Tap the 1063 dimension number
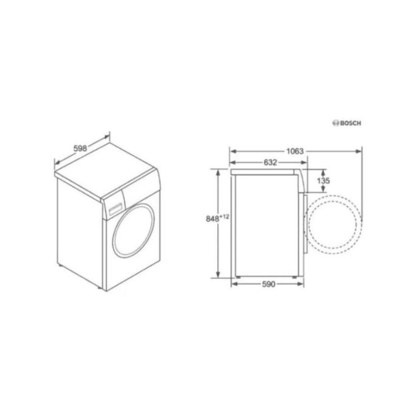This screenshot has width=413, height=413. point(296,150)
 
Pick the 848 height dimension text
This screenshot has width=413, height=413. point(211,219)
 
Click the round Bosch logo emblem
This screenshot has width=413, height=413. point(335,123)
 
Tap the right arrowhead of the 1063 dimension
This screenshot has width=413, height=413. point(360,149)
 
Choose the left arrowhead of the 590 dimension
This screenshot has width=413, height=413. point(232,284)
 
